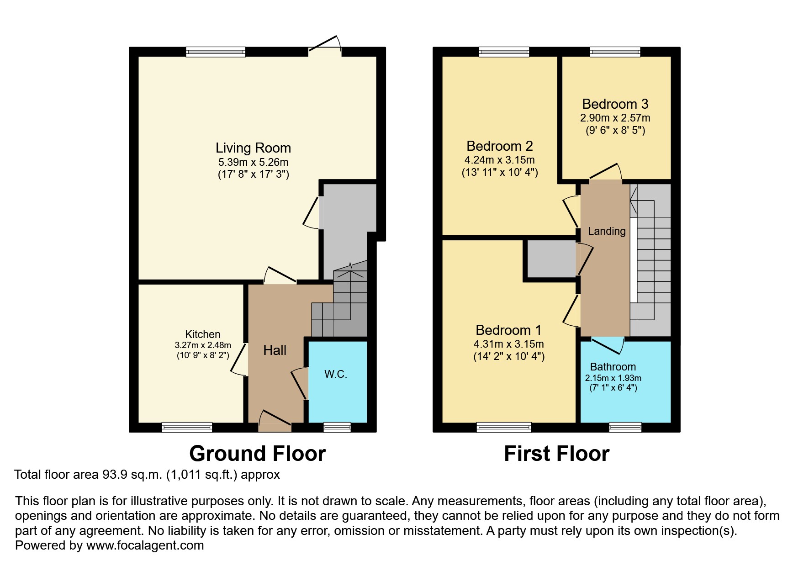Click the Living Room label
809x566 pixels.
pyautogui.click(x=253, y=148)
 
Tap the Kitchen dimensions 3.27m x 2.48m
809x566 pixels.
pyautogui.click(x=203, y=345)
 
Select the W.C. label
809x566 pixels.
pyautogui.click(x=336, y=374)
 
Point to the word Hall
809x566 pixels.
pyautogui.click(x=275, y=350)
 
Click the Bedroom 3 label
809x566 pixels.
pyautogui.click(x=615, y=104)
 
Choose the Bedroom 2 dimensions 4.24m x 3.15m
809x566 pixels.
pyautogui.click(x=500, y=160)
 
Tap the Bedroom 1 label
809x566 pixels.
pyautogui.click(x=508, y=330)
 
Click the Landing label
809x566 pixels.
pyautogui.click(x=607, y=231)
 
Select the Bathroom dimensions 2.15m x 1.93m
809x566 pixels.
pyautogui.click(x=613, y=378)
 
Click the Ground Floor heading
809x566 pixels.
pyautogui.click(x=258, y=454)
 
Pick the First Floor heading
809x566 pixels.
pyautogui.click(x=557, y=454)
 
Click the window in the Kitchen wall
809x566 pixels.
pyautogui.click(x=187, y=427)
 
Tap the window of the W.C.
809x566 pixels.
pyautogui.click(x=337, y=427)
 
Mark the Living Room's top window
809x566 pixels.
pyautogui.click(x=216, y=52)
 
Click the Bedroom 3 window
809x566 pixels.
pyautogui.click(x=615, y=52)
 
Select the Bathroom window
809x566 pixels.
pyautogui.click(x=625, y=427)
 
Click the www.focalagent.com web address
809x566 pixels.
pyautogui.click(x=145, y=545)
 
